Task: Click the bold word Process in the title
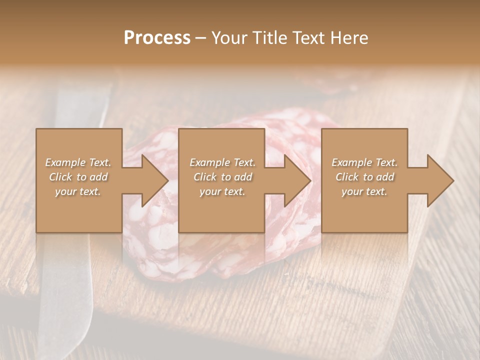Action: click(157, 37)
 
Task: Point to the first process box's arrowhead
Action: click(152, 180)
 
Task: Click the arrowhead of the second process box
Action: click(295, 180)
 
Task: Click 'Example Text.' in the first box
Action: click(78, 162)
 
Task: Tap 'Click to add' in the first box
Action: click(78, 177)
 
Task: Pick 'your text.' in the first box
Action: click(78, 191)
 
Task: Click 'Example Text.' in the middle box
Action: click(222, 162)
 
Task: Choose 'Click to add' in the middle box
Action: click(222, 177)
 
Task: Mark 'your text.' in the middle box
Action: click(222, 191)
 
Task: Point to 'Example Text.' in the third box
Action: click(364, 162)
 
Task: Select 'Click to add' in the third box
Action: click(364, 177)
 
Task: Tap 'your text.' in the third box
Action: click(364, 191)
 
